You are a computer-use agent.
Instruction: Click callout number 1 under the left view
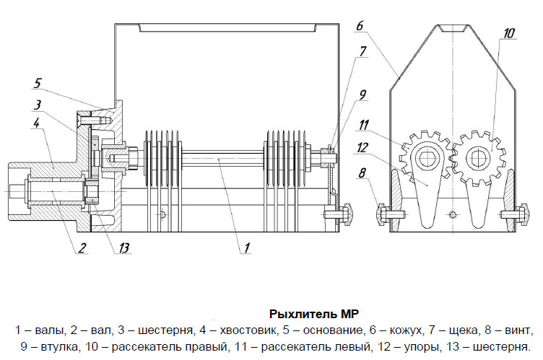(246, 247)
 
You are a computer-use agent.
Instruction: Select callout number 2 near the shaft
(82, 249)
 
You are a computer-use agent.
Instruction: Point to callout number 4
(37, 124)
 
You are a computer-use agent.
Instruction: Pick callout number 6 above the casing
(360, 27)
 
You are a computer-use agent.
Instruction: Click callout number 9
(362, 94)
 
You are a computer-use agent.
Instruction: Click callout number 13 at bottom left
(124, 249)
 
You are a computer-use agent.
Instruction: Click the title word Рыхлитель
(298, 314)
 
